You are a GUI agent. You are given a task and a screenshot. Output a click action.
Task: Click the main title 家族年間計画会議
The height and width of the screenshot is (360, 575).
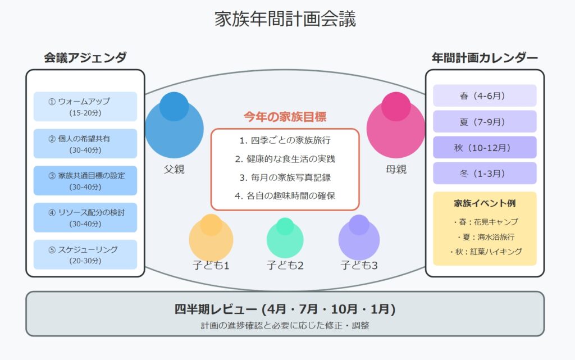pyautogui.click(x=285, y=19)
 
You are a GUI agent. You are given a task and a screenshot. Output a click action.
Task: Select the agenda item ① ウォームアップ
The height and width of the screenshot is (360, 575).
pyautogui.click(x=85, y=107)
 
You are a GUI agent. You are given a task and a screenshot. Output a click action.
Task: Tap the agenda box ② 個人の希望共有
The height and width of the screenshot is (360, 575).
pyautogui.click(x=85, y=144)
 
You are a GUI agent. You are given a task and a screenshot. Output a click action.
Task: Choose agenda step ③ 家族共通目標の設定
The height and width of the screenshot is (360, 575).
pyautogui.click(x=85, y=181)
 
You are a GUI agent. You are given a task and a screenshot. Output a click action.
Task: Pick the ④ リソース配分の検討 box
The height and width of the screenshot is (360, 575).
pyautogui.click(x=85, y=218)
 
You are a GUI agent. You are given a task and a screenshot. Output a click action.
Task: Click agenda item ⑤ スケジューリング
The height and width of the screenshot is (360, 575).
pyautogui.click(x=85, y=255)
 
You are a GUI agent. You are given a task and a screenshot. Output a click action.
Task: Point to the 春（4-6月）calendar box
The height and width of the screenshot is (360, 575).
pyautogui.click(x=485, y=95)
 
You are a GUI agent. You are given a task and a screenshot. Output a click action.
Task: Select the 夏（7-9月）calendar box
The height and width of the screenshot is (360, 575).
pyautogui.click(x=485, y=122)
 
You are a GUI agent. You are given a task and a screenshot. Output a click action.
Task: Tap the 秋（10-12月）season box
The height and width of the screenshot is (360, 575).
pyautogui.click(x=485, y=147)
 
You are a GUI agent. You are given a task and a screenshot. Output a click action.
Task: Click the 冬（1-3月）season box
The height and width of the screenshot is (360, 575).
pyautogui.click(x=485, y=173)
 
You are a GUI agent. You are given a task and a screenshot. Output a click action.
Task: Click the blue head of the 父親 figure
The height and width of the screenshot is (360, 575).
pyautogui.click(x=174, y=106)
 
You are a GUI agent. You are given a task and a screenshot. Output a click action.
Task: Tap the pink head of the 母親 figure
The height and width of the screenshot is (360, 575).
pyautogui.click(x=396, y=106)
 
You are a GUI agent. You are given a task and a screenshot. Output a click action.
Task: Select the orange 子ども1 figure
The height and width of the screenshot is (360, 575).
pyautogui.click(x=211, y=237)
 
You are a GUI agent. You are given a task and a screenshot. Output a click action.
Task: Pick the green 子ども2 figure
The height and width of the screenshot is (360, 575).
pyautogui.click(x=285, y=238)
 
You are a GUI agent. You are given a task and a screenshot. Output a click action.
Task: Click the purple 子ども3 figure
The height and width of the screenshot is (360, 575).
pyautogui.click(x=359, y=237)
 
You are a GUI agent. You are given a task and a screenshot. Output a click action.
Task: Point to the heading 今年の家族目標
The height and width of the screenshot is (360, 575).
pyautogui.click(x=285, y=117)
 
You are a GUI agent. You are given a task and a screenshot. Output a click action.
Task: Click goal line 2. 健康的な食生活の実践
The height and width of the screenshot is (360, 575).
pyautogui.click(x=285, y=159)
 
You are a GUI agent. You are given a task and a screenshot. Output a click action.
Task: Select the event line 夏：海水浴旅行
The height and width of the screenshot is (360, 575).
pyautogui.click(x=485, y=237)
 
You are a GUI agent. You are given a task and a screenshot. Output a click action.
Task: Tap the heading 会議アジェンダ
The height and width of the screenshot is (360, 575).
pyautogui.click(x=85, y=57)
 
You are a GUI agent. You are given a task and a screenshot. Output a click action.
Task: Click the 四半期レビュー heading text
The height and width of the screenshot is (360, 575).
pyautogui.click(x=285, y=309)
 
